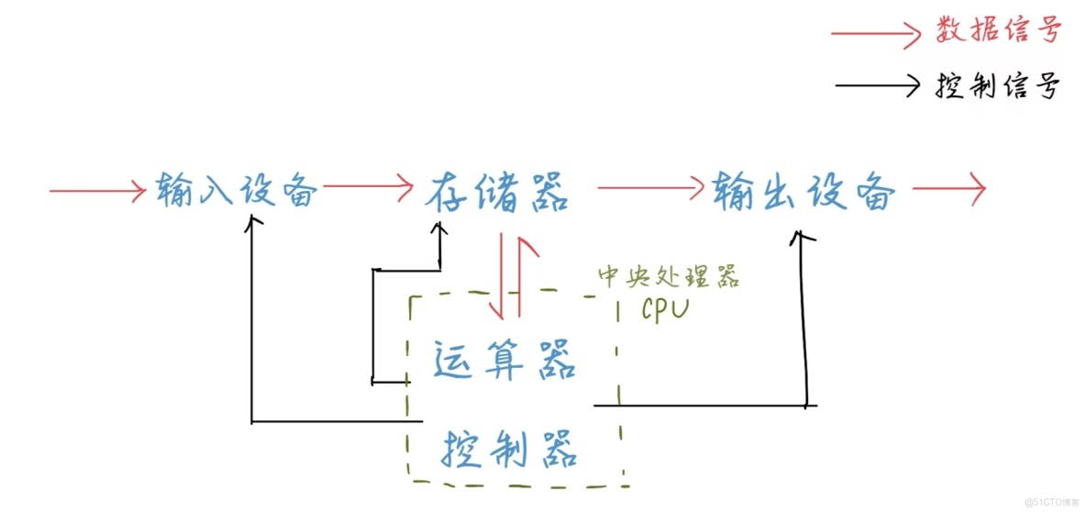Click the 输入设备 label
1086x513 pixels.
tap(237, 190)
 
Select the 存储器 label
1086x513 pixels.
tap(497, 192)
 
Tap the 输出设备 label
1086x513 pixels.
tap(803, 192)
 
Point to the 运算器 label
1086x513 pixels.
tap(504, 360)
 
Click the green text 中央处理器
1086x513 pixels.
tap(669, 276)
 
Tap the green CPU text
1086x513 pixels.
tap(665, 309)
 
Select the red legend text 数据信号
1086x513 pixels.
tap(999, 31)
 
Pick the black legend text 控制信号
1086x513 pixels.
tap(999, 86)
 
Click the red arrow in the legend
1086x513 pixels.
tap(876, 35)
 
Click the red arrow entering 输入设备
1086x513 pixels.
tap(97, 191)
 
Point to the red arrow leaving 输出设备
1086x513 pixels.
tap(948, 190)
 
